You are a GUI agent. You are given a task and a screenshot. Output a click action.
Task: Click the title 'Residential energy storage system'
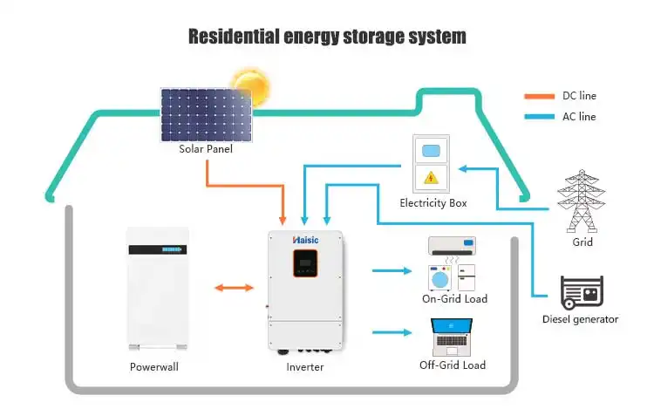coord(327,37)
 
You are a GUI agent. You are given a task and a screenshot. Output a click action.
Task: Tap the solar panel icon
coord(207,113)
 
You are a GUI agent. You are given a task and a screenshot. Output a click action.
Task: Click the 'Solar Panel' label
coord(206,148)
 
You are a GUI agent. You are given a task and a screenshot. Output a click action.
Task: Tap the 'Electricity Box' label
coord(433,203)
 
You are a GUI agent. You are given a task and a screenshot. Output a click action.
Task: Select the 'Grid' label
coord(582,242)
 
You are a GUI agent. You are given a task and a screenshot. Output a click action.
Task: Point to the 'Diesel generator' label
coord(580,319)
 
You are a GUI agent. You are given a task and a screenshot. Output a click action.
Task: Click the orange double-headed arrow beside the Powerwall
coord(234,286)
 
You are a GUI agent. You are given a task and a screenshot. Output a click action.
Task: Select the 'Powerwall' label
coord(154,366)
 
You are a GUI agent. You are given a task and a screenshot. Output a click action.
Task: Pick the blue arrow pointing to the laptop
coord(392,332)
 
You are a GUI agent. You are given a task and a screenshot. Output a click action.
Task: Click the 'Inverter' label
coord(305,366)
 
